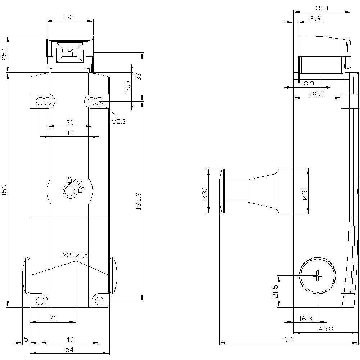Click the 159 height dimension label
[x=4, y=190]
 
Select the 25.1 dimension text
[x=4, y=54]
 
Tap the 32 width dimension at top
[x=70, y=17]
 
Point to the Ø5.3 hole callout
[x=119, y=122]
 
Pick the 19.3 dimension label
[x=128, y=87]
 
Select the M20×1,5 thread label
[x=75, y=255]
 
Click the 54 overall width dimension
[x=70, y=350]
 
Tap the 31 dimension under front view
[x=53, y=318]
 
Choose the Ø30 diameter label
[x=205, y=193]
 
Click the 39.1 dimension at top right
[x=322, y=8]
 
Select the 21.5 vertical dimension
[x=275, y=291]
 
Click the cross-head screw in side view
[x=318, y=276]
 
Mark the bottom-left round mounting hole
[x=40, y=301]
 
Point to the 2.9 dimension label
[x=315, y=19]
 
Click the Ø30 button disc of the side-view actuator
[x=221, y=191]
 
